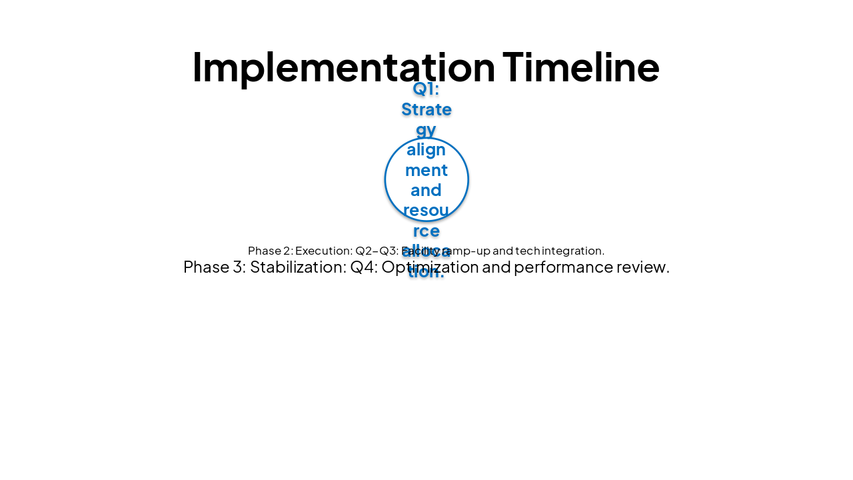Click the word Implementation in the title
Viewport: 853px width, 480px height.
click(x=343, y=67)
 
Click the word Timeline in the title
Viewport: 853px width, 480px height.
click(x=580, y=67)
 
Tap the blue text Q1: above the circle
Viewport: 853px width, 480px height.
click(x=426, y=89)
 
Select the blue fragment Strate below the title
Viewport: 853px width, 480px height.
click(x=426, y=109)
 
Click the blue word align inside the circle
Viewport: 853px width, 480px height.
click(x=426, y=149)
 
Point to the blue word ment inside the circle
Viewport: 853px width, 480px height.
click(x=426, y=170)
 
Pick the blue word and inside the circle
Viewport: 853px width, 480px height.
click(x=426, y=190)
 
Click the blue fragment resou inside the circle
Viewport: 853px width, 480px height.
click(x=426, y=211)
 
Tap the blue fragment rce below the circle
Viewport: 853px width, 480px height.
click(x=426, y=231)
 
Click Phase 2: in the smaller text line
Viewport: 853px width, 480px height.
click(x=270, y=251)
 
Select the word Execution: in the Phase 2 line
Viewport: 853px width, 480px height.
click(x=324, y=251)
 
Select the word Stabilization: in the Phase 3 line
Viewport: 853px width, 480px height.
click(x=298, y=267)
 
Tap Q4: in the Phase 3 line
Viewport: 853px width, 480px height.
click(x=364, y=267)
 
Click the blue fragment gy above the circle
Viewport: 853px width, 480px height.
click(x=426, y=129)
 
